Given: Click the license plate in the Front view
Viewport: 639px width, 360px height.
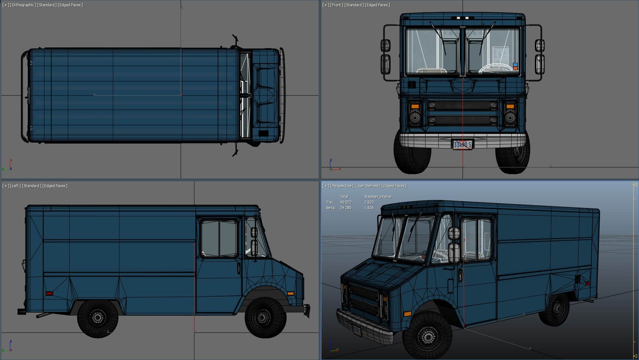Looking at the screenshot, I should [x=462, y=144].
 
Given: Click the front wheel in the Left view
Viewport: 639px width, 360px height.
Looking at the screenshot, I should [x=263, y=317].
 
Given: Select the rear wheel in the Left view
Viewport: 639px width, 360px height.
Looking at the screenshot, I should [x=98, y=317].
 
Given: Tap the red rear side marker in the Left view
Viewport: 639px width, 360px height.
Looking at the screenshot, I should [x=49, y=293].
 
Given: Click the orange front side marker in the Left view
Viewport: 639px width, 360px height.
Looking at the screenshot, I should [x=291, y=293].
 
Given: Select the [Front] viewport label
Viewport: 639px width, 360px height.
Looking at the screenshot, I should [x=336, y=5].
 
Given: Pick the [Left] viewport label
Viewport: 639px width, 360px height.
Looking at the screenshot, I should [x=15, y=186].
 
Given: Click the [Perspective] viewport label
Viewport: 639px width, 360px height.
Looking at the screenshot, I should [x=342, y=186].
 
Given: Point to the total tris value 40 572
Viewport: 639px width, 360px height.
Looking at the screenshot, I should [x=345, y=202].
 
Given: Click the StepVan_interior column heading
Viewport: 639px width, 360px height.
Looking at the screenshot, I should [x=378, y=197].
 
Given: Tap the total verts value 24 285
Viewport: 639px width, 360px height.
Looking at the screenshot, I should [x=345, y=208].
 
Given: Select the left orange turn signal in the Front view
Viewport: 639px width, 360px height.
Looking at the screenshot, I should [x=415, y=106].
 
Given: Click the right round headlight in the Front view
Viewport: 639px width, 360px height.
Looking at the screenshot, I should [x=510, y=117].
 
